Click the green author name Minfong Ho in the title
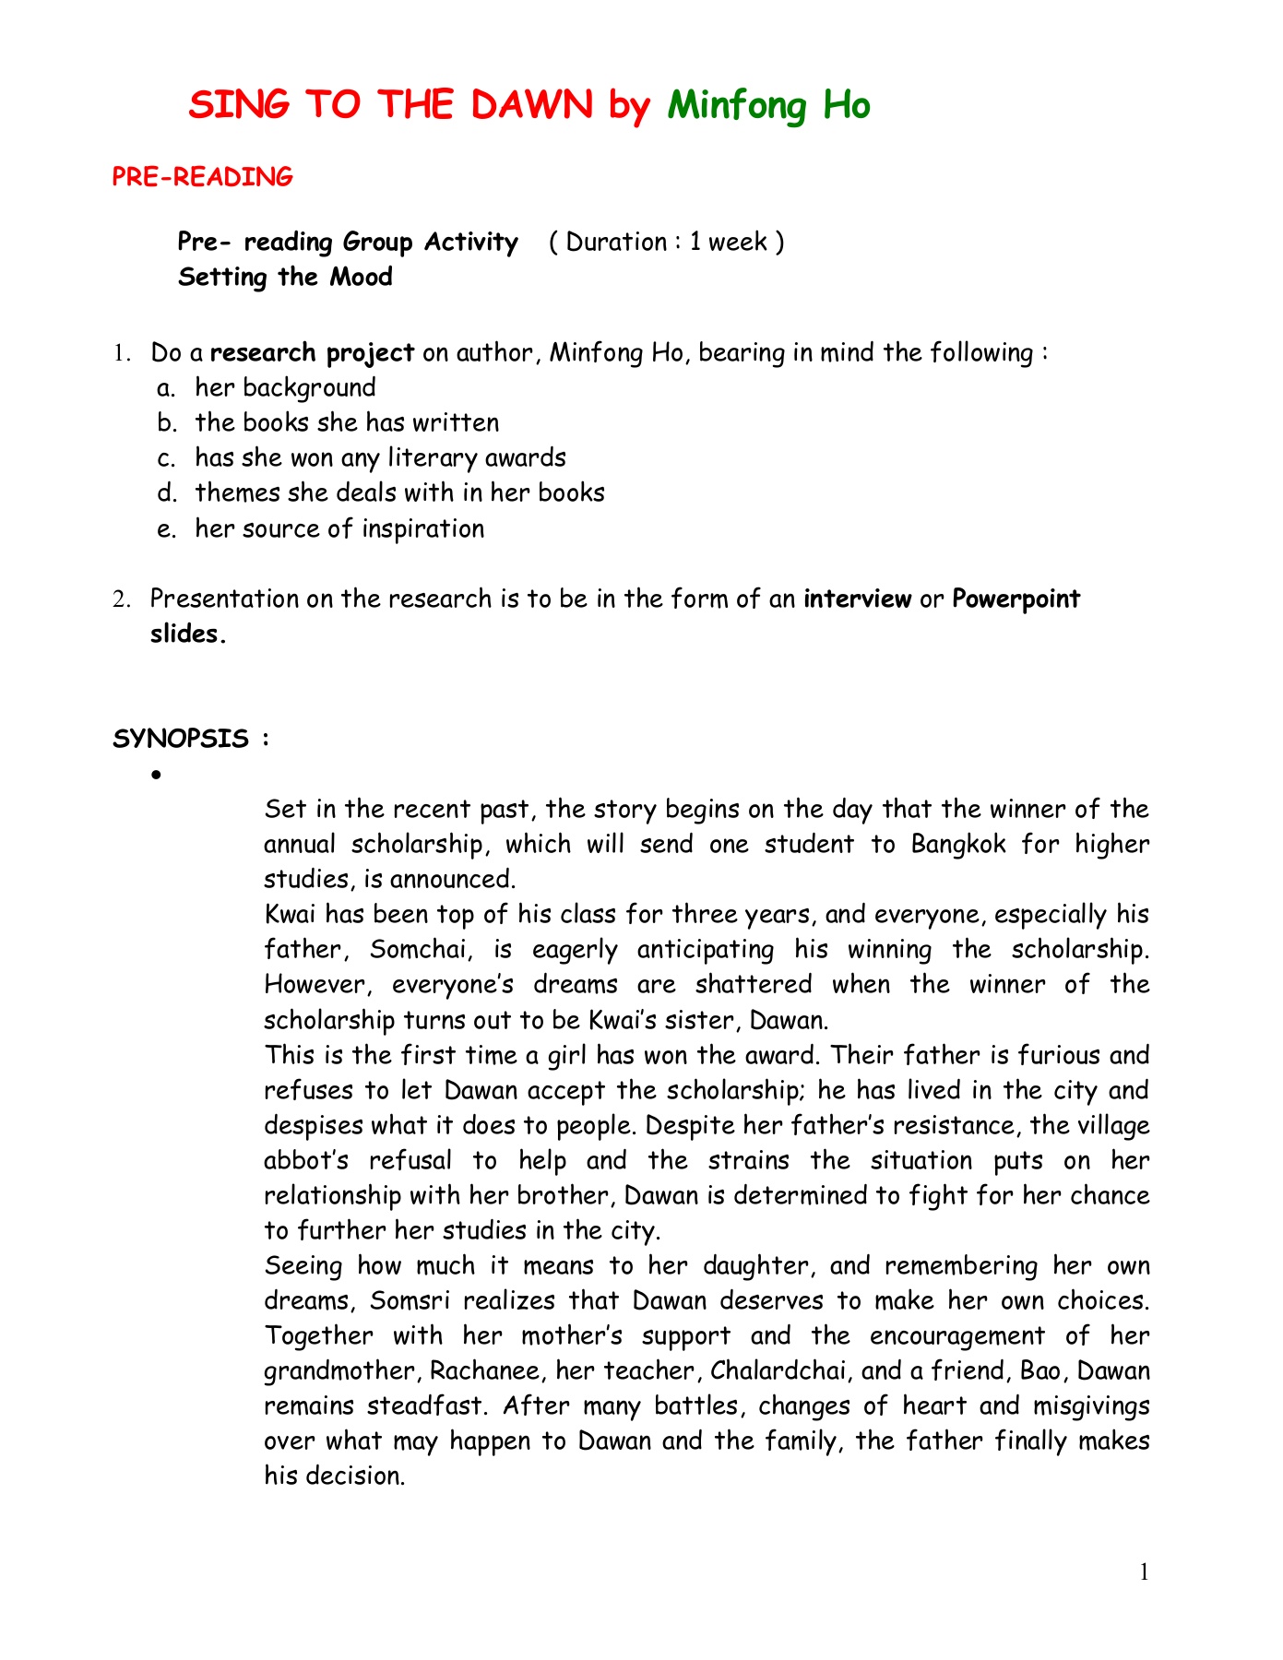[768, 106]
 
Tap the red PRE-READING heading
[202, 177]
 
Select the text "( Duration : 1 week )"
[666, 242]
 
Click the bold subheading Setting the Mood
[285, 277]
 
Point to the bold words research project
[313, 353]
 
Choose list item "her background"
[285, 388]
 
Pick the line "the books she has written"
[347, 423]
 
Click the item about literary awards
[380, 458]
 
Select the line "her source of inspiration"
[339, 529]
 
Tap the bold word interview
[857, 599]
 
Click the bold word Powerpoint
[1016, 599]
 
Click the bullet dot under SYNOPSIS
[157, 776]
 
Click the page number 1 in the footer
[1145, 1572]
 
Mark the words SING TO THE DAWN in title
[391, 106]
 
